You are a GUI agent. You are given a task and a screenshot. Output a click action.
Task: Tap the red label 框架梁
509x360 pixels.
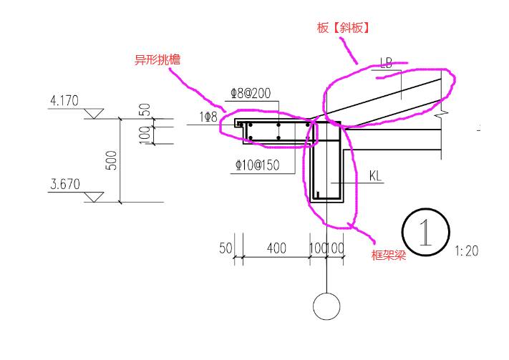pos(389,255)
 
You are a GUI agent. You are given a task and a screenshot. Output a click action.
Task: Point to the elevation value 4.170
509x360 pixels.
pos(64,102)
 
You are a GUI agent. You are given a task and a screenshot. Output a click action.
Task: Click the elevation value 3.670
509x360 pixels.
pos(64,184)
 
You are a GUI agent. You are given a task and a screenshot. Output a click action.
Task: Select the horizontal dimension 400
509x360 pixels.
pos(276,248)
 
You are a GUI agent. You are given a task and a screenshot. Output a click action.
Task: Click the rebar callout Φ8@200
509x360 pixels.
pos(251,93)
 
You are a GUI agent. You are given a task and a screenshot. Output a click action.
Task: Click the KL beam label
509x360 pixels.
pos(377,175)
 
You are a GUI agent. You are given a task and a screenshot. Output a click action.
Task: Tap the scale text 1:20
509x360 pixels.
pos(466,250)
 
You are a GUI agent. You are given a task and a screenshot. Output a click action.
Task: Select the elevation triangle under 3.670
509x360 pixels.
pos(93,196)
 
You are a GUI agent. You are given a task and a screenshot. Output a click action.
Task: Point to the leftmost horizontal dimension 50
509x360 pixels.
pos(226,248)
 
